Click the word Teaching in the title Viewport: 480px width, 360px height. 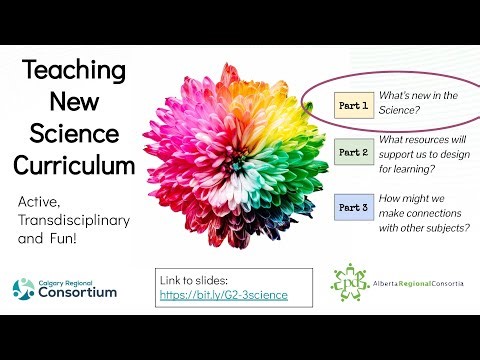click(x=76, y=71)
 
